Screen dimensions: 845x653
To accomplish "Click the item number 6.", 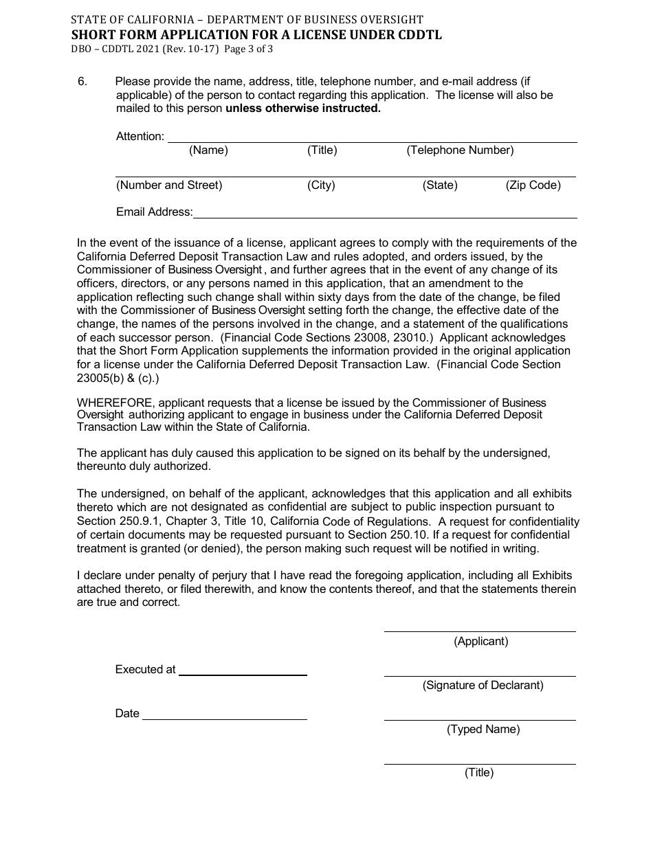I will pos(82,82).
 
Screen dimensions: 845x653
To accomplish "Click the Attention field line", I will pos(371,142).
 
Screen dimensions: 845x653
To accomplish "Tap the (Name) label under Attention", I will pos(208,150).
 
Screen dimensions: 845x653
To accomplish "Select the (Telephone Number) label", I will pos(460,150).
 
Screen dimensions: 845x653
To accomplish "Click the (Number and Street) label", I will pos(169,185).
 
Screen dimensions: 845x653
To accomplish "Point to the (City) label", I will pos(321,185).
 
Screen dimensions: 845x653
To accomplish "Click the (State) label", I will pos(440,185).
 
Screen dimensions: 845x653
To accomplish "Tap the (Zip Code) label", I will pos(533,185).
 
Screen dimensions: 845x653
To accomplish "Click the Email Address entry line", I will pos(385,217).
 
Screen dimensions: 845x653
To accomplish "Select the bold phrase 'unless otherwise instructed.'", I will pos(303,109).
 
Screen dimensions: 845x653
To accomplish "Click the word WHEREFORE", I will pos(115,403).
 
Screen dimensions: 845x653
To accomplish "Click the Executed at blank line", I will pos(243,675).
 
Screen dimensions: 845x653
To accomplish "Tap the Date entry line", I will pos(224,719).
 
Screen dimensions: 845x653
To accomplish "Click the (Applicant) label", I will pos(481,642).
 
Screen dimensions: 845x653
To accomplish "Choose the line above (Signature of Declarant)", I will pos(480,675).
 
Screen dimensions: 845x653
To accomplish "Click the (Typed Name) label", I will pos(483,730).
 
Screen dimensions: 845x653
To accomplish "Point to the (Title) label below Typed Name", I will pos(479,773).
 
